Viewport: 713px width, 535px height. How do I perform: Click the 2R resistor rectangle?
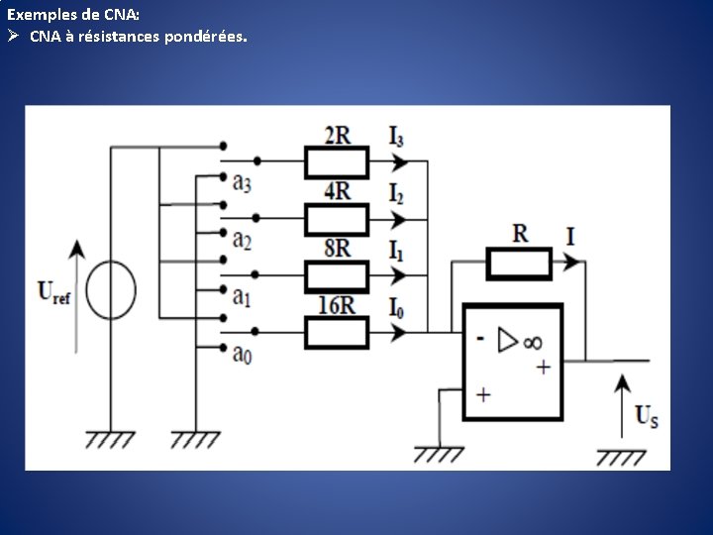336,161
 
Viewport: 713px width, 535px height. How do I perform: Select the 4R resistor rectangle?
336,218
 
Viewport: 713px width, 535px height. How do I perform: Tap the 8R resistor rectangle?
336,275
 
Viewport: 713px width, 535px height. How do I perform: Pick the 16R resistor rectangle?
336,333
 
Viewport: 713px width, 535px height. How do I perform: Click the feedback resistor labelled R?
518,265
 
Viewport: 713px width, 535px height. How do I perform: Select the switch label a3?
242,181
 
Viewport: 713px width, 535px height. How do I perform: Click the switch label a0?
242,352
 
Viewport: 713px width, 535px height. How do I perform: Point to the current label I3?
396,136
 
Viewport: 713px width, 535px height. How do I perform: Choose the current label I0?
396,306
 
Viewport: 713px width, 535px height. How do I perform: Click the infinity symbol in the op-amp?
533,341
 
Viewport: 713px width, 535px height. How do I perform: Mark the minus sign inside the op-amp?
480,338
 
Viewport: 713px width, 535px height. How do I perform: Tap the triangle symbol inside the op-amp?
508,340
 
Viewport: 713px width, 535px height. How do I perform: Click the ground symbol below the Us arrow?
621,457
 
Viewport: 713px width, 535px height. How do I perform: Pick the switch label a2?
242,239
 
